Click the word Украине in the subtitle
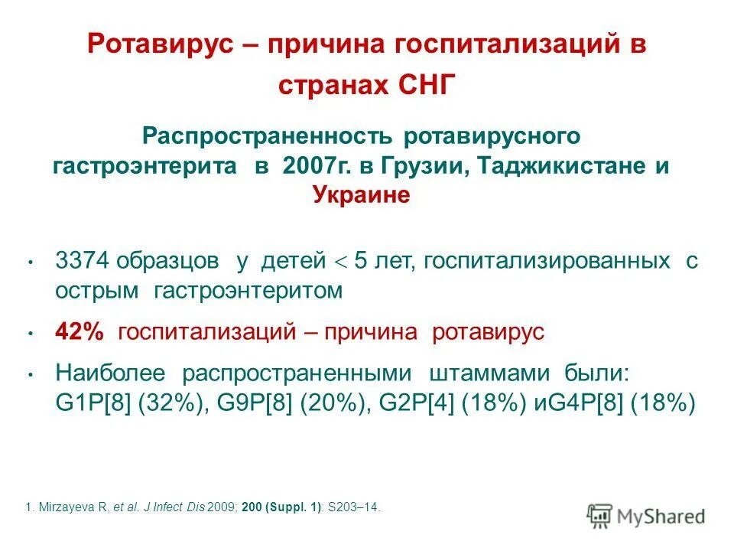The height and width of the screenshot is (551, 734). (x=362, y=195)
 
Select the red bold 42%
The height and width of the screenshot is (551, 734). (x=79, y=332)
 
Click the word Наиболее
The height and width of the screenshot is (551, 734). (x=110, y=373)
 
